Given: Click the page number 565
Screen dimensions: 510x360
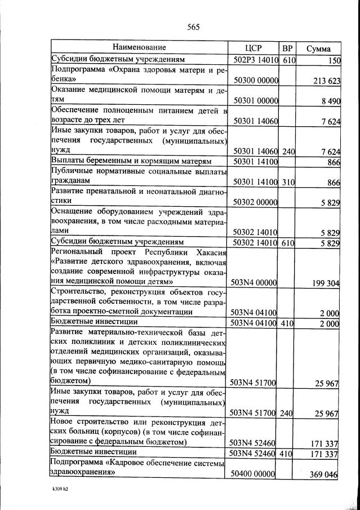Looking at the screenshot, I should [x=193, y=26].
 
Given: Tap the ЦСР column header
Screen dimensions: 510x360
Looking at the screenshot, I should [x=255, y=48].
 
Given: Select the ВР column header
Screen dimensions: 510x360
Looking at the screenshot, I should [x=287, y=48].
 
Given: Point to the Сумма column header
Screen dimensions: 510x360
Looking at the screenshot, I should [x=318, y=48].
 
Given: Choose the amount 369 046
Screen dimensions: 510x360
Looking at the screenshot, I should [x=324, y=475].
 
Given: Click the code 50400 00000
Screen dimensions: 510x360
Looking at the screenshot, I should [x=255, y=474].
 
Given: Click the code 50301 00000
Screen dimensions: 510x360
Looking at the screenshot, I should [x=256, y=101].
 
